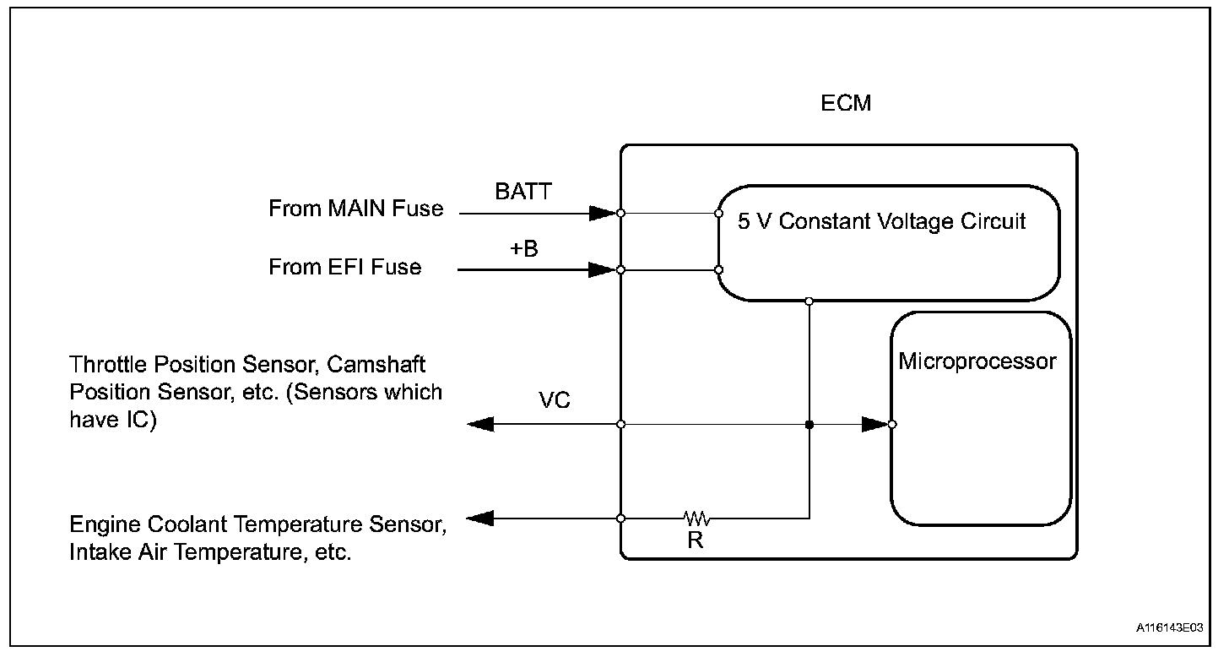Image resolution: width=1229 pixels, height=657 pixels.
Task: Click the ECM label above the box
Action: click(846, 104)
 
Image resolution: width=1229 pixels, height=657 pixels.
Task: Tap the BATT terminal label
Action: click(523, 192)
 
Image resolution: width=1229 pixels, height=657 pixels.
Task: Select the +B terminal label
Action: click(524, 250)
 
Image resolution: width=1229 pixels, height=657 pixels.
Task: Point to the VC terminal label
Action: click(554, 400)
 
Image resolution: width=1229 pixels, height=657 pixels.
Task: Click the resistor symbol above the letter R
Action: click(697, 518)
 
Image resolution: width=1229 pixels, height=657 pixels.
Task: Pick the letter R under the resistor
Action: click(696, 541)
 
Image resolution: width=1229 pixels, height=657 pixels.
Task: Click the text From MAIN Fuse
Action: click(356, 209)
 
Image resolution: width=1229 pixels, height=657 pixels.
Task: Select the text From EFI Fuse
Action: click(344, 267)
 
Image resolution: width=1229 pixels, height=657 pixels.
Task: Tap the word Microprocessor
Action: click(977, 361)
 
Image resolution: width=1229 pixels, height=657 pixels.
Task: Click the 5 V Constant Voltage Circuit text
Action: click(881, 222)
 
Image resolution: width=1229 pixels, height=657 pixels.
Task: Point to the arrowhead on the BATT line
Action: click(602, 213)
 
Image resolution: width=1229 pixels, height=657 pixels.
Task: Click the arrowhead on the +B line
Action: click(602, 270)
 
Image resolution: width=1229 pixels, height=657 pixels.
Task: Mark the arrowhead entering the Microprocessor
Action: click(874, 424)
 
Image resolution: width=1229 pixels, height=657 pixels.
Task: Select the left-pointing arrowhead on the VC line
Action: click(480, 424)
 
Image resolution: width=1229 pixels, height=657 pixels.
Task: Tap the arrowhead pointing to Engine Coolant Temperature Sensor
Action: click(480, 518)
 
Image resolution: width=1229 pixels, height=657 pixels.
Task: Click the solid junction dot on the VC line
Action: click(809, 424)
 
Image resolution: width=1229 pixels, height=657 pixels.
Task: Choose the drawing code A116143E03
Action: click(1169, 628)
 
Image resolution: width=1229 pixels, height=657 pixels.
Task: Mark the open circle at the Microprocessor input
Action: click(893, 424)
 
